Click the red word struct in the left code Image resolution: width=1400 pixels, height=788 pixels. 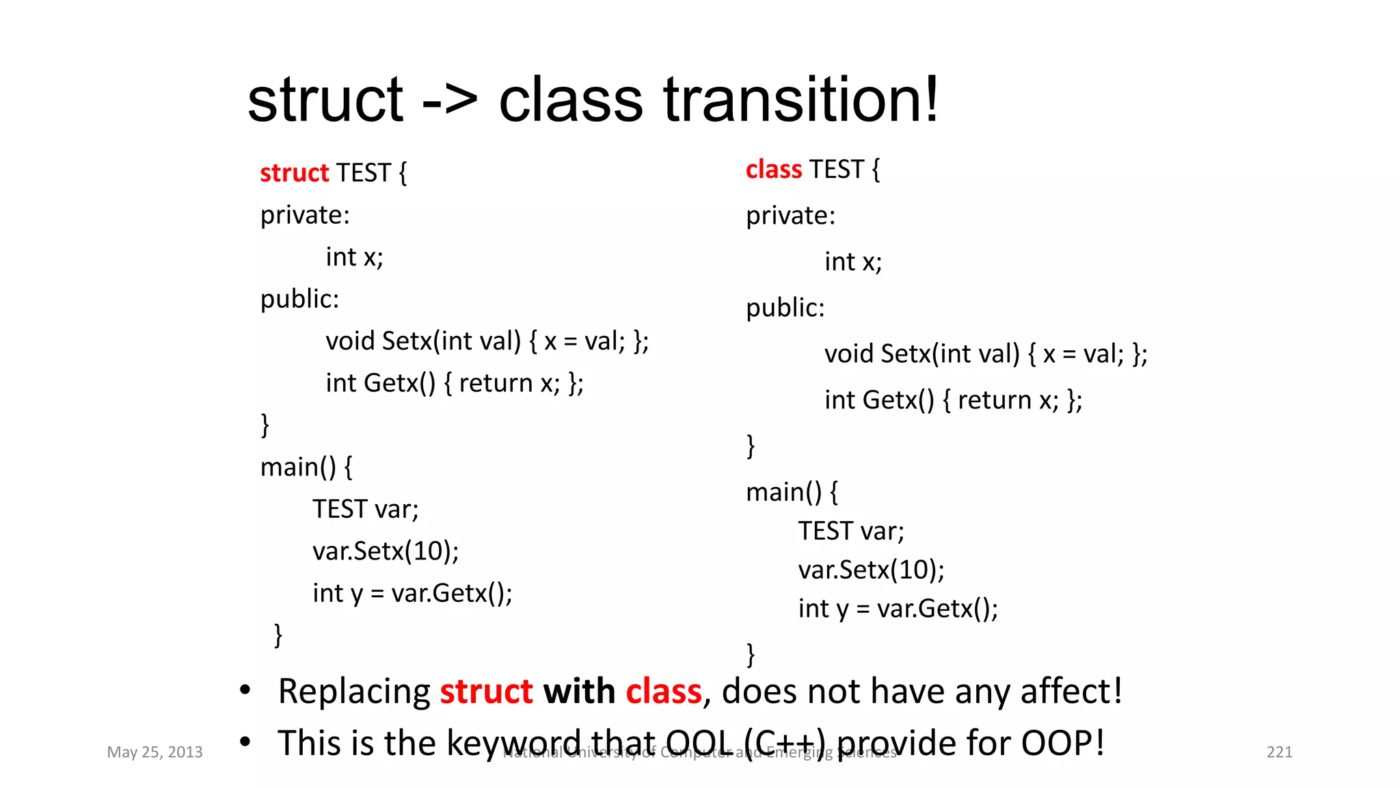pyautogui.click(x=294, y=173)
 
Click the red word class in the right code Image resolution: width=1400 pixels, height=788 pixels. pyautogui.click(x=773, y=170)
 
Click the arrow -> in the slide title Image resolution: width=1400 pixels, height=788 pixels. pyautogui.click(x=449, y=101)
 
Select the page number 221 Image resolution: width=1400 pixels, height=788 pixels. pyautogui.click(x=1279, y=752)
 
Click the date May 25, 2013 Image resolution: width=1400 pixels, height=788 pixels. pyautogui.click(x=154, y=752)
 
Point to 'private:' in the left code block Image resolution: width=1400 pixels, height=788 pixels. pyautogui.click(x=305, y=215)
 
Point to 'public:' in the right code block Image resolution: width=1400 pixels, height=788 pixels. pyautogui.click(x=785, y=308)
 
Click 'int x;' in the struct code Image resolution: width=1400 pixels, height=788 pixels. pyautogui.click(x=354, y=257)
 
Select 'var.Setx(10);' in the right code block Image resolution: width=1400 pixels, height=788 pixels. pyautogui.click(x=871, y=570)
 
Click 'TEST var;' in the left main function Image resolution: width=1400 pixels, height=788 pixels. pyautogui.click(x=365, y=509)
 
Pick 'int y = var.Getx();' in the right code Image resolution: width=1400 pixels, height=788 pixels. pyautogui.click(x=898, y=608)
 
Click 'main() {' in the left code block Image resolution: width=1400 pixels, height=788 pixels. pyautogui.click(x=306, y=467)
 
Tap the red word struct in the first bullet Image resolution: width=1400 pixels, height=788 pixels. pyautogui.click(x=486, y=691)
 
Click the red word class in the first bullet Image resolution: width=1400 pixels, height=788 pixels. pyautogui.click(x=664, y=691)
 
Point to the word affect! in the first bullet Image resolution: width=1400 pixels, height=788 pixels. pyautogui.click(x=1071, y=691)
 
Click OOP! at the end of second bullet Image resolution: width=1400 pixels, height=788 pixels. pyautogui.click(x=1062, y=743)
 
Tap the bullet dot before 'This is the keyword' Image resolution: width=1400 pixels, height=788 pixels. pyautogui.click(x=245, y=741)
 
